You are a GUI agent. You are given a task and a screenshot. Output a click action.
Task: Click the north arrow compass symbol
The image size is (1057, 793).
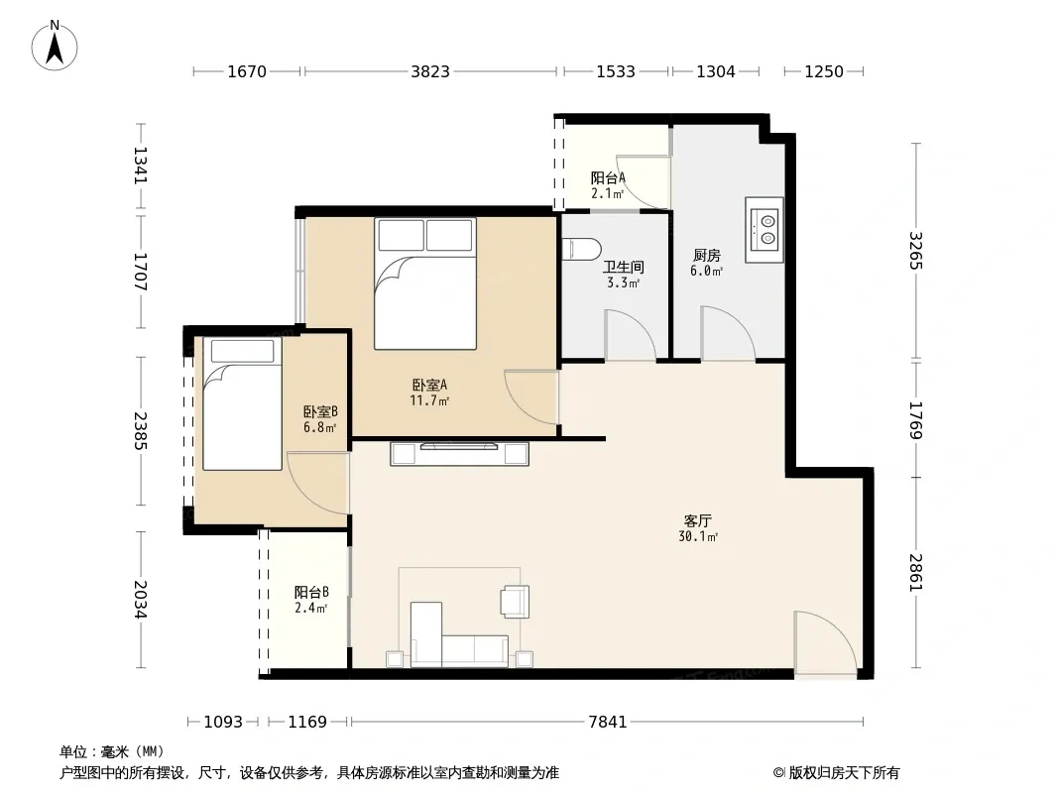(x=55, y=46)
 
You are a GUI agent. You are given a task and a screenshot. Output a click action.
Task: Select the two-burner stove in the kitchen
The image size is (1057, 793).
(x=764, y=230)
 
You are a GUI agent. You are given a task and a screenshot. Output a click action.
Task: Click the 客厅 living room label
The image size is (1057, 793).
(x=698, y=520)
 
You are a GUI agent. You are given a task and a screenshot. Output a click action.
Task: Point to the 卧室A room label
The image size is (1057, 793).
(x=429, y=385)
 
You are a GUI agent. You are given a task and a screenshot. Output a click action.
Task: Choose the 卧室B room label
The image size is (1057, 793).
(x=320, y=411)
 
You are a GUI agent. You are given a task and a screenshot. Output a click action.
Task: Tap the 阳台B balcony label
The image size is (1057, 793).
(x=311, y=592)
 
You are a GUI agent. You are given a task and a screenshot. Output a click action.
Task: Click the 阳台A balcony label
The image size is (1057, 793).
(x=608, y=177)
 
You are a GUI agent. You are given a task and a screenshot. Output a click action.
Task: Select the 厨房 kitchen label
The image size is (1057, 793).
(x=706, y=256)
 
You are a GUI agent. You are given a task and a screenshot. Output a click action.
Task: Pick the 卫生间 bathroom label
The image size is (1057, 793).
(x=623, y=267)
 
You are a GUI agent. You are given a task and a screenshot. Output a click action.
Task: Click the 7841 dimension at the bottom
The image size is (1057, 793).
(x=608, y=722)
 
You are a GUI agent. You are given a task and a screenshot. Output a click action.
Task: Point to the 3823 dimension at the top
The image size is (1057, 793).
(x=430, y=71)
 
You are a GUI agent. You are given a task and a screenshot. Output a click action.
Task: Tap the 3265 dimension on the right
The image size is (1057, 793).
(x=915, y=251)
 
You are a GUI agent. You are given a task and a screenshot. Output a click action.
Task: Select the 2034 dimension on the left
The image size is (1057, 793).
(x=140, y=599)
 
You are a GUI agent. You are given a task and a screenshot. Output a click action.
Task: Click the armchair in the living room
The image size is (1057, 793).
(x=515, y=601)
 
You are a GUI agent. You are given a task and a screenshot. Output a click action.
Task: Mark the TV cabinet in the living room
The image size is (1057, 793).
(x=459, y=453)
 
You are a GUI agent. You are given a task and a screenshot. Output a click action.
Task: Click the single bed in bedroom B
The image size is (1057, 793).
(x=242, y=403)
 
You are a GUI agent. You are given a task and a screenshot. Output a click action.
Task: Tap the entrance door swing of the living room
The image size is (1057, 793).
(x=826, y=642)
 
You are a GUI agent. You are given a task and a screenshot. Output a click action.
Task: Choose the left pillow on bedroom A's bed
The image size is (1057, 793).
(x=402, y=235)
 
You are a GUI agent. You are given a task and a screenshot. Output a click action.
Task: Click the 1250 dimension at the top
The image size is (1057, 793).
(x=824, y=71)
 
